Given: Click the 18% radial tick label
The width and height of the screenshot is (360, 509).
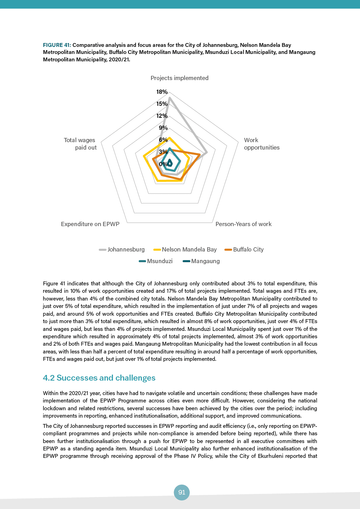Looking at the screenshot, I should click(162, 92).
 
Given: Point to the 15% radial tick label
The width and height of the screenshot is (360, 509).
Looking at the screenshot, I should click(162, 104).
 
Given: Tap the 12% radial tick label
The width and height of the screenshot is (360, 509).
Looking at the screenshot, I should click(162, 116).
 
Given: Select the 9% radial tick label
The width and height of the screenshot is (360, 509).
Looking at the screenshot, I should click(163, 128).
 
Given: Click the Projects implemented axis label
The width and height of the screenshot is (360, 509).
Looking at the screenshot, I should click(179, 78).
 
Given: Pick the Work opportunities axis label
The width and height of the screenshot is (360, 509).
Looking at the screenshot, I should click(262, 144).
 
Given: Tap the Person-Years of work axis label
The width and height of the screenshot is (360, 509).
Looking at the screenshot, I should click(243, 224).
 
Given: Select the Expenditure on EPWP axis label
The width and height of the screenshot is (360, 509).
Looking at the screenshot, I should click(90, 224).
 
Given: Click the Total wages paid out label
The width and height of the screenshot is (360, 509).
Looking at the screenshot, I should click(80, 144).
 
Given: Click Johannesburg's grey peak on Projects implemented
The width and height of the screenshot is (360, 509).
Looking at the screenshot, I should click(170, 98).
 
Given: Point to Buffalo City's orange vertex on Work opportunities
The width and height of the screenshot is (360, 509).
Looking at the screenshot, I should click(200, 154).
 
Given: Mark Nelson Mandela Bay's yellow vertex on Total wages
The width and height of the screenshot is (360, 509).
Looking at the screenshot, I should click(144, 156).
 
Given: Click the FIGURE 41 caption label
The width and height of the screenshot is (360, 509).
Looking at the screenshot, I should click(57, 45).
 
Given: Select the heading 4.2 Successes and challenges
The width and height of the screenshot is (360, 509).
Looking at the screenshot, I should click(99, 378).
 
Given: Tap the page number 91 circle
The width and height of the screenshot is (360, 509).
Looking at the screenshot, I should click(182, 492).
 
